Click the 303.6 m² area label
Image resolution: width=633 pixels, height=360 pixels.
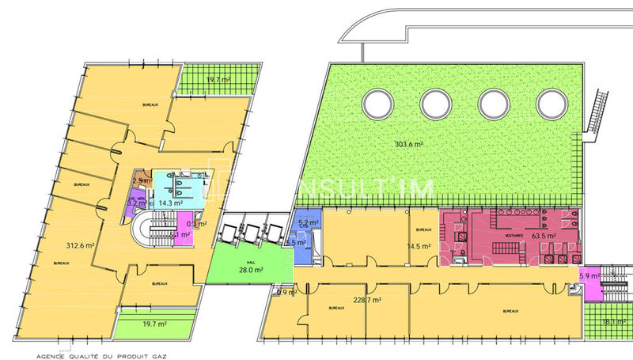[408, 144]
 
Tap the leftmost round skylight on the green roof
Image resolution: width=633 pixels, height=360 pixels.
[377, 103]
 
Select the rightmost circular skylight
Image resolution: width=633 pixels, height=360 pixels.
[552, 103]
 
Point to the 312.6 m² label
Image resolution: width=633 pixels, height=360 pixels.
[80, 245]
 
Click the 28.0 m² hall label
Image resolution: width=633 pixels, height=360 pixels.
[251, 270]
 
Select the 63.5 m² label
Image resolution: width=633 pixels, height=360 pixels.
[545, 235]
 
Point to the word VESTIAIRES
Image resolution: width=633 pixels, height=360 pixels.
[506, 225]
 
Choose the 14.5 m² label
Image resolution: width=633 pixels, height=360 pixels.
[419, 246]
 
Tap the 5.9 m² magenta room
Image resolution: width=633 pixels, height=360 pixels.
[589, 279]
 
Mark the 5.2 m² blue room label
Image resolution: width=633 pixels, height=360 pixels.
[308, 224]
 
